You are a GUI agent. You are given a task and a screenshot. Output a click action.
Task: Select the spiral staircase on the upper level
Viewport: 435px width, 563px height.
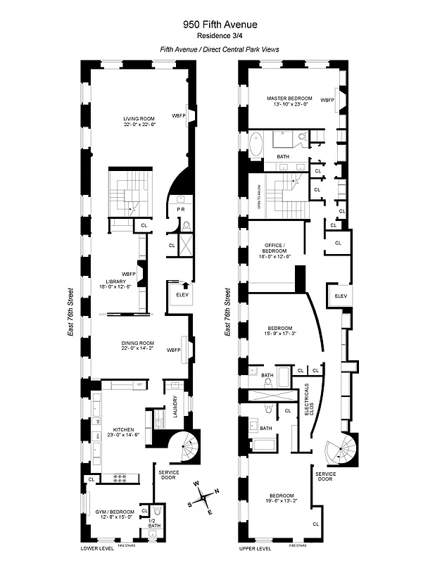point(338,447)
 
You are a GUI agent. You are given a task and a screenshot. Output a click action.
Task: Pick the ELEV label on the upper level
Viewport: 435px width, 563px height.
point(341,296)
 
